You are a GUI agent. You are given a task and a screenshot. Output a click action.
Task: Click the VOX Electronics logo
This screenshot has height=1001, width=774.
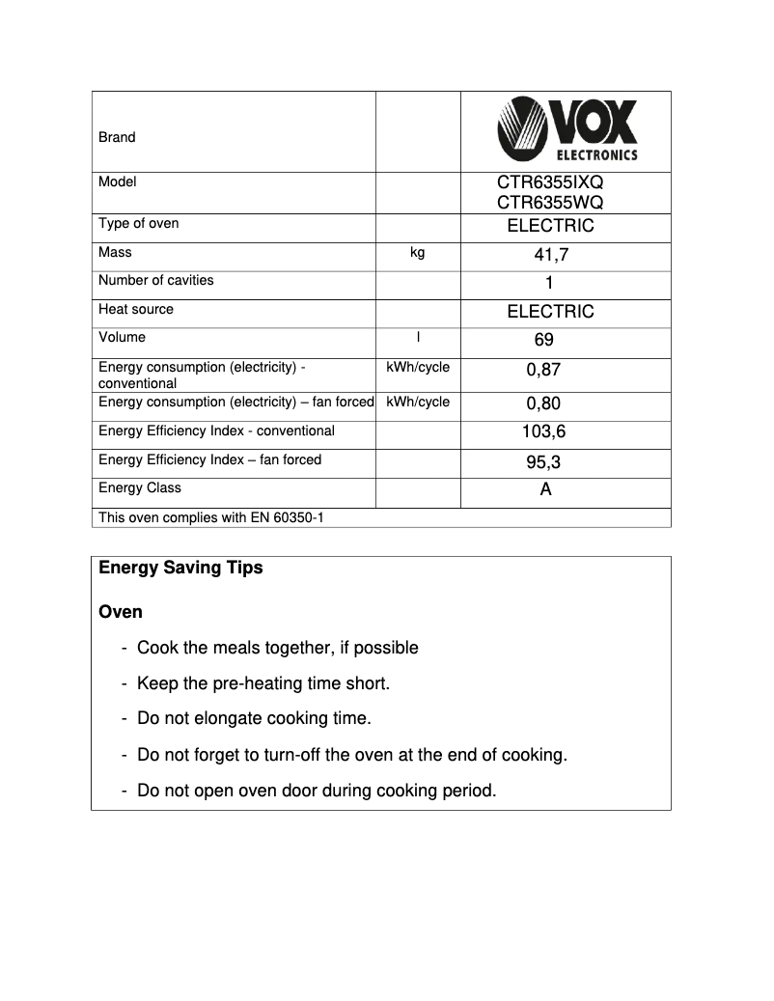(567, 130)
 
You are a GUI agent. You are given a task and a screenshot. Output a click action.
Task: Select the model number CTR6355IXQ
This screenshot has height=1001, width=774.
(550, 182)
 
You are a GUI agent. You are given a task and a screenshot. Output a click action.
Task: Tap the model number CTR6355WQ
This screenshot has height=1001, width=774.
(550, 203)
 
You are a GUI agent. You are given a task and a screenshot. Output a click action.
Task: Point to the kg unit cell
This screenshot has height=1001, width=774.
(417, 253)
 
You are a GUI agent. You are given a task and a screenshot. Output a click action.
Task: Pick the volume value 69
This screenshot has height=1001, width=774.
(544, 340)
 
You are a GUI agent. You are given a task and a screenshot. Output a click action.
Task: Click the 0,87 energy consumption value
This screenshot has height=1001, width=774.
(543, 370)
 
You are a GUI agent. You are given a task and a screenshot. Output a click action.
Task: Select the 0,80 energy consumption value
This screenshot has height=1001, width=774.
(543, 403)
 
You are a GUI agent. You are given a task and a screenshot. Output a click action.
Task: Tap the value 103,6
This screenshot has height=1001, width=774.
(544, 432)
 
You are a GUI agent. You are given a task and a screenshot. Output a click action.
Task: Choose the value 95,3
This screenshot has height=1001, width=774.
(543, 462)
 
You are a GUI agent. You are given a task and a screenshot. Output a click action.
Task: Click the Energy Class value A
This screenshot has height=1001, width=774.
(545, 489)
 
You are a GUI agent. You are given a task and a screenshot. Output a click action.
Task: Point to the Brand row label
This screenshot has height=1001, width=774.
(117, 137)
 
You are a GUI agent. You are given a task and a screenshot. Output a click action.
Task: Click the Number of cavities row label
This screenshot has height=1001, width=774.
(156, 281)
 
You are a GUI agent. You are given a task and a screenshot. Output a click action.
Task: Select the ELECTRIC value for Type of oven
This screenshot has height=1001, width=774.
(550, 227)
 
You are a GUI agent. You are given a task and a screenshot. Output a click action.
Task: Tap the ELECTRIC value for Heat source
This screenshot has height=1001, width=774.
(550, 312)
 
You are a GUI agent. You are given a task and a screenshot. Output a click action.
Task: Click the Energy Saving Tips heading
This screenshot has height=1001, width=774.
(180, 568)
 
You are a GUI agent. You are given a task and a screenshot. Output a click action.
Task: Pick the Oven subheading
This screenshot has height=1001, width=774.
(121, 612)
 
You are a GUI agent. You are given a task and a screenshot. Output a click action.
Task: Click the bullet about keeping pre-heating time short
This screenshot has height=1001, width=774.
(263, 683)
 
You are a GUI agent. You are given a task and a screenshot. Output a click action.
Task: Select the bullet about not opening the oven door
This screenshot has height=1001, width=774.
(317, 792)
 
